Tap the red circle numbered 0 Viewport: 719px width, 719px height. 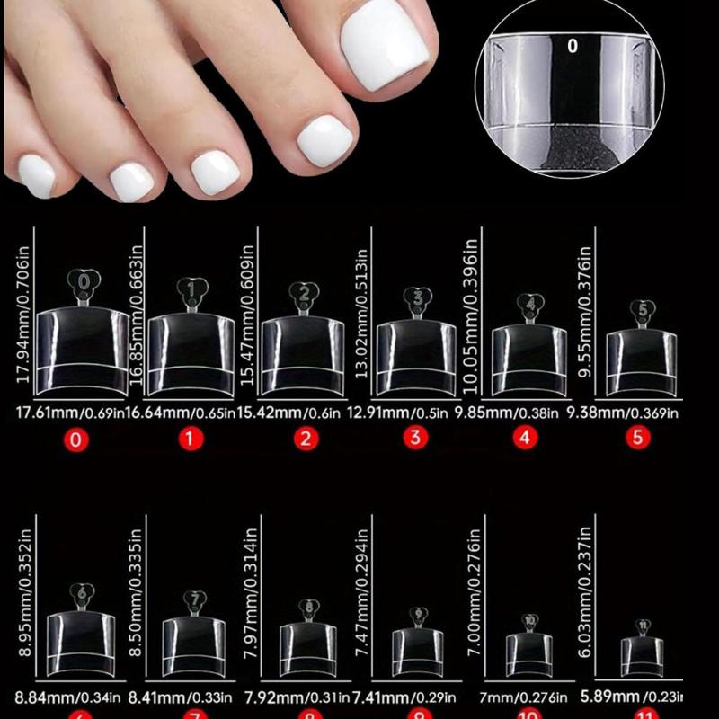[78, 440]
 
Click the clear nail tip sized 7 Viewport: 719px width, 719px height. [194, 644]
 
